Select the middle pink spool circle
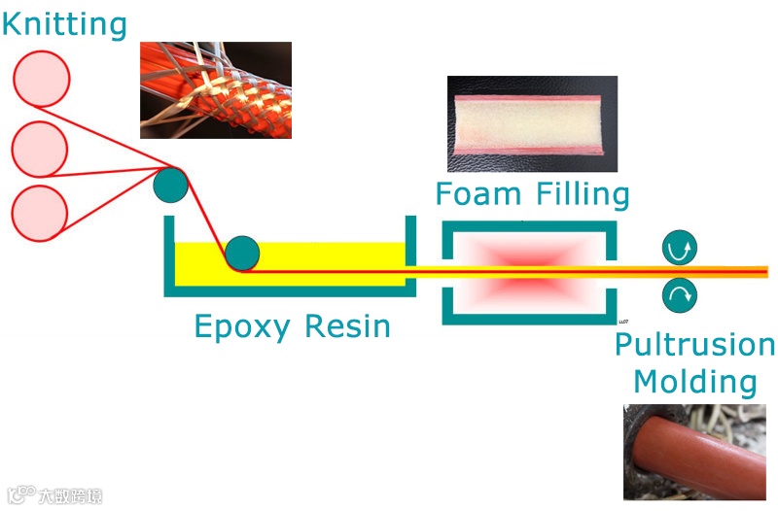pyautogui.click(x=40, y=149)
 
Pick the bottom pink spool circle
pyautogui.click(x=40, y=211)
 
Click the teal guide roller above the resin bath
pyautogui.click(x=171, y=185)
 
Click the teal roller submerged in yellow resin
pyautogui.click(x=242, y=254)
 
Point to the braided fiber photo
pyautogui.click(x=216, y=89)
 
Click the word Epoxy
pyautogui.click(x=244, y=326)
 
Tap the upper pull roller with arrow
pyautogui.click(x=679, y=250)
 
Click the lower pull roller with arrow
pyautogui.click(x=679, y=294)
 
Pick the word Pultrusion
pyautogui.click(x=694, y=344)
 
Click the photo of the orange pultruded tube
pyautogui.click(x=694, y=453)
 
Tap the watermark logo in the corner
pyautogui.click(x=53, y=494)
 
